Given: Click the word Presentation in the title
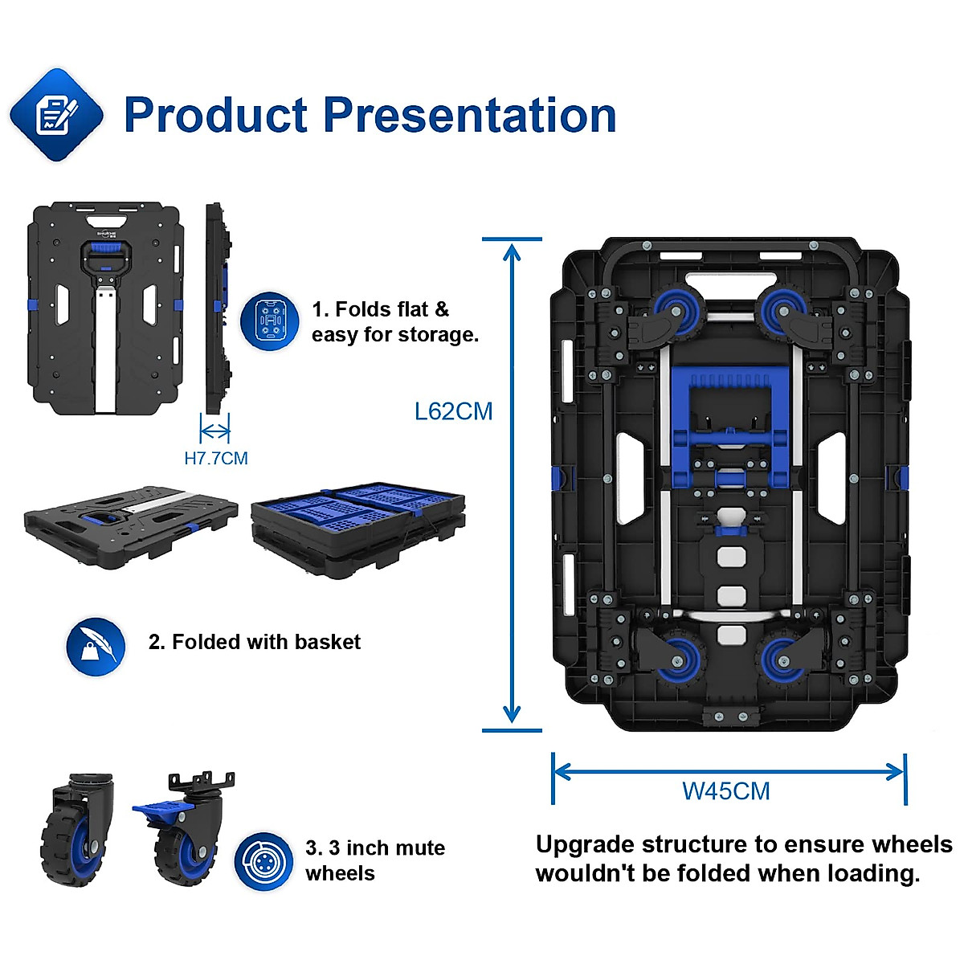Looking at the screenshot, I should [x=469, y=115].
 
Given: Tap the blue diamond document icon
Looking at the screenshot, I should [x=56, y=115].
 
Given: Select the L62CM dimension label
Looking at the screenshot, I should [x=453, y=411].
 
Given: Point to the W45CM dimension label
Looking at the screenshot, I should [x=726, y=791].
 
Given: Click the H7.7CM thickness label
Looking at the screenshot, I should [x=216, y=459].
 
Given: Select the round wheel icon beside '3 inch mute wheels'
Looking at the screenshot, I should [x=263, y=861].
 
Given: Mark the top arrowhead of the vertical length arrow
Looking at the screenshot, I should [x=512, y=251].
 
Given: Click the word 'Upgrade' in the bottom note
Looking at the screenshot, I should [x=584, y=845].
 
